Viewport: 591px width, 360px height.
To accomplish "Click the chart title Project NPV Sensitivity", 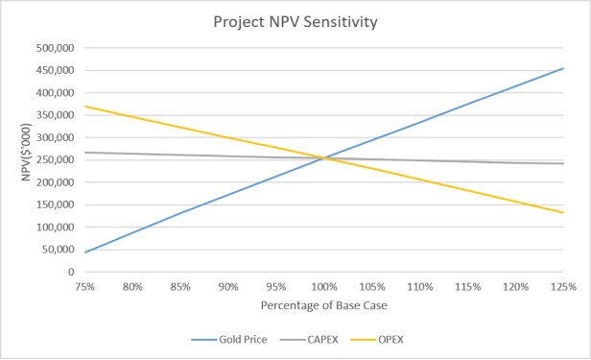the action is pyautogui.click(x=295, y=22).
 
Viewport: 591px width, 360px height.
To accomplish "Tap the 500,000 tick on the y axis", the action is pyautogui.click(x=56, y=48).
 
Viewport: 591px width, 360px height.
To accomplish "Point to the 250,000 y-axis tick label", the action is pyautogui.click(x=56, y=159).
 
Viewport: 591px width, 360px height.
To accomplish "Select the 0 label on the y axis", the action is pyautogui.click(x=71, y=272).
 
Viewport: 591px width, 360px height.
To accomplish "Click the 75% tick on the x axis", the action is pyautogui.click(x=84, y=287).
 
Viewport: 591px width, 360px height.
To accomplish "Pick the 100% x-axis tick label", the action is pyautogui.click(x=324, y=287).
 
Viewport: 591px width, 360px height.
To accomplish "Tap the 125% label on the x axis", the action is pyautogui.click(x=563, y=287).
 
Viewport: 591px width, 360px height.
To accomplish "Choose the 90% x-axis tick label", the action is pyautogui.click(x=228, y=287).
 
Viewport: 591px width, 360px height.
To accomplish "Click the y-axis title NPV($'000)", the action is pyautogui.click(x=26, y=153).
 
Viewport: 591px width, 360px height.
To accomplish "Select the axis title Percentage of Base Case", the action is pyautogui.click(x=323, y=305).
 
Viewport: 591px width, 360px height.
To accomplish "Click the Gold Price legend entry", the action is pyautogui.click(x=229, y=340).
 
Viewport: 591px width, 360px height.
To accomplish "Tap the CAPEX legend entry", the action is pyautogui.click(x=309, y=340).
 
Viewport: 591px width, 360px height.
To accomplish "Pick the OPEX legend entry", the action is pyautogui.click(x=377, y=340).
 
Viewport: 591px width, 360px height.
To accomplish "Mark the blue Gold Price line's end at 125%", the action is pyautogui.click(x=563, y=68).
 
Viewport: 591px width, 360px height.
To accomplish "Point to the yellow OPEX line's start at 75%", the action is pyautogui.click(x=84, y=107).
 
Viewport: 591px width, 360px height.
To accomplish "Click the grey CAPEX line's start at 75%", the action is pyautogui.click(x=84, y=153).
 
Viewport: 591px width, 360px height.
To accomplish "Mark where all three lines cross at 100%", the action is pyautogui.click(x=324, y=158).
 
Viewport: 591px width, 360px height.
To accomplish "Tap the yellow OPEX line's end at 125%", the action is pyautogui.click(x=563, y=212).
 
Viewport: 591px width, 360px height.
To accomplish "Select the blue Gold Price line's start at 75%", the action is pyautogui.click(x=84, y=252).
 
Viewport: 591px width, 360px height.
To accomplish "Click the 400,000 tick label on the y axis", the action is pyautogui.click(x=56, y=93).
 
